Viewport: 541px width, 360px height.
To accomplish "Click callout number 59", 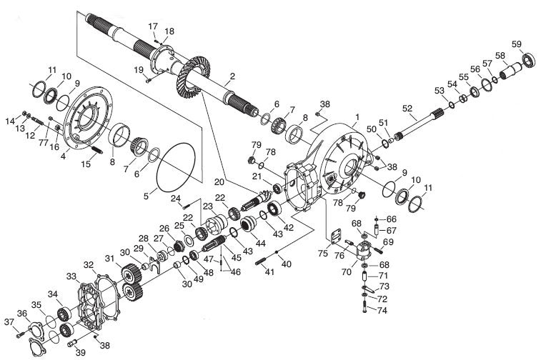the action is tap(517, 44).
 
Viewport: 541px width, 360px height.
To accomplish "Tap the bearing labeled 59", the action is tap(529, 59).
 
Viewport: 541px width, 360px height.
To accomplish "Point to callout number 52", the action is tap(407, 109).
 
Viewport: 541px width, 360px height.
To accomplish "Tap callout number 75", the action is tap(323, 253).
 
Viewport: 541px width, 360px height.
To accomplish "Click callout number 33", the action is tap(71, 276).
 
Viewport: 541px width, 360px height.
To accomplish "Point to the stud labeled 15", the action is tap(96, 150).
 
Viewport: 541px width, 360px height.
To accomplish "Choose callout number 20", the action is tap(219, 181).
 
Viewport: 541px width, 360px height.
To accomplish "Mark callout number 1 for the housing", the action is tap(357, 117).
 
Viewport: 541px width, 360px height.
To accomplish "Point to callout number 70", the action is tap(347, 271).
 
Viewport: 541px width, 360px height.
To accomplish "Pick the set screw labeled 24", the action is tap(186, 207).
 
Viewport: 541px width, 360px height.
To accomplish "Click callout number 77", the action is tap(43, 142).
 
